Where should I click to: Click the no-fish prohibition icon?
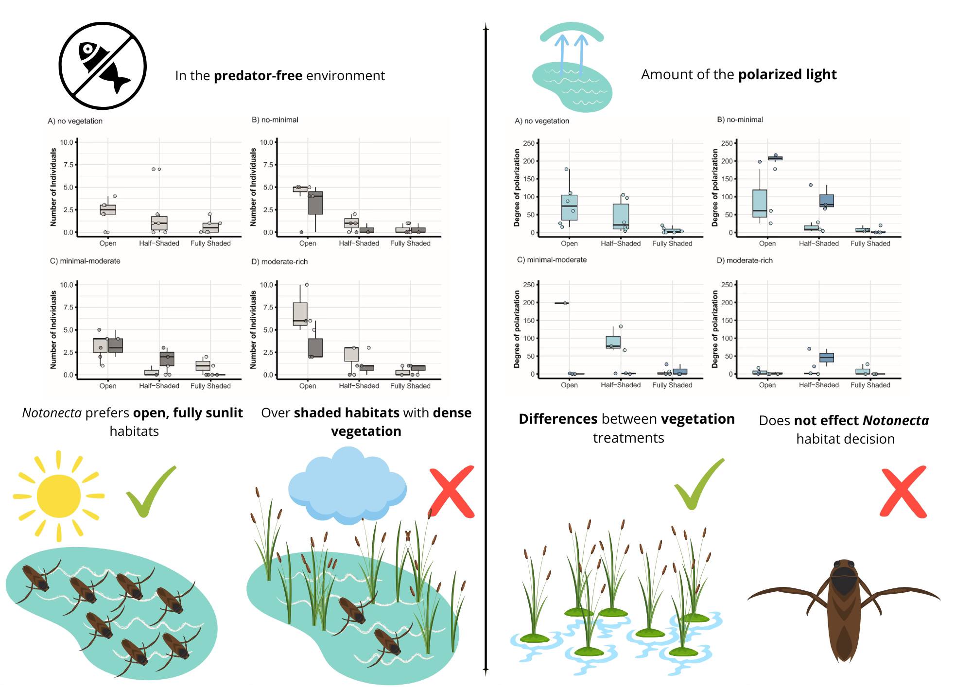(x=103, y=66)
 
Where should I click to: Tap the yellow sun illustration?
(x=58, y=496)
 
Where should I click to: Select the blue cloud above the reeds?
(x=347, y=486)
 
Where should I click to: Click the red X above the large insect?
(x=903, y=492)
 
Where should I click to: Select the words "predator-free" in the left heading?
(x=258, y=76)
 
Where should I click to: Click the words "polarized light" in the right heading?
(x=787, y=74)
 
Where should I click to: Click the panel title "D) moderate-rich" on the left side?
(x=279, y=261)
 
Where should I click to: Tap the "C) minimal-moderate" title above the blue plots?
(x=552, y=260)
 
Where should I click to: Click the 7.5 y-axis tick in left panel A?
(x=67, y=165)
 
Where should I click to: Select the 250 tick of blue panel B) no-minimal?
(x=727, y=143)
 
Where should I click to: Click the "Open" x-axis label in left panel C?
(x=108, y=386)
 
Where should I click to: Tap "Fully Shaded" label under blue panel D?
(x=870, y=385)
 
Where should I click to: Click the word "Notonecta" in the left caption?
(x=52, y=413)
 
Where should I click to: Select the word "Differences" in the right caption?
(x=558, y=419)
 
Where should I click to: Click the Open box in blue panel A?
(x=569, y=207)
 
